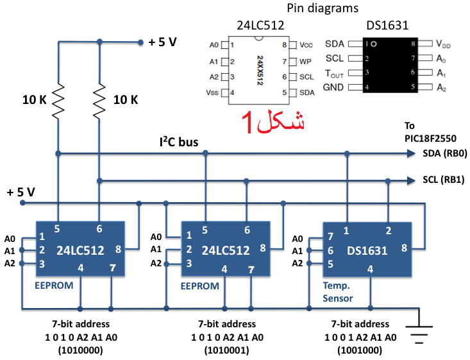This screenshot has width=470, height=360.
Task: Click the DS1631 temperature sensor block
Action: click(367, 250)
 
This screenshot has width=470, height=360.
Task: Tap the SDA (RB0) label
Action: click(445, 153)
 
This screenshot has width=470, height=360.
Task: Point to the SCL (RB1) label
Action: click(444, 180)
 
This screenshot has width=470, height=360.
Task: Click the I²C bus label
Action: click(179, 142)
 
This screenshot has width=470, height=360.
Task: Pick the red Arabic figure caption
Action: click(273, 122)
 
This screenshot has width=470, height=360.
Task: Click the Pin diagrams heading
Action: click(323, 8)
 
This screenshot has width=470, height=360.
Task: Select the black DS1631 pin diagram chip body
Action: click(390, 65)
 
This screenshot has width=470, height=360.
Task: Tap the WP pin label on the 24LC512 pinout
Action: click(305, 62)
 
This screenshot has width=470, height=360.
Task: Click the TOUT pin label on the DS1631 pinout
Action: click(334, 73)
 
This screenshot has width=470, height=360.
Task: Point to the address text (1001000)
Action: click(360, 350)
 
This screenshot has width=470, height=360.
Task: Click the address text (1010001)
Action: click(226, 350)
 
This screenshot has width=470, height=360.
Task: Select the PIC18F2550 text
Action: click(430, 139)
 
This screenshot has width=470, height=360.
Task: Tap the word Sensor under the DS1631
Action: click(337, 298)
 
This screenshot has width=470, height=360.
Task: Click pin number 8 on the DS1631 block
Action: click(404, 248)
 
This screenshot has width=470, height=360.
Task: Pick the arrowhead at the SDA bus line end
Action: click(411, 153)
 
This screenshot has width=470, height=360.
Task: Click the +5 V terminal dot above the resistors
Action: click(140, 42)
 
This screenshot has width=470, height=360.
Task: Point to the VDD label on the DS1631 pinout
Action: click(443, 44)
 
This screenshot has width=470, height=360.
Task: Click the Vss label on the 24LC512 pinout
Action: click(212, 92)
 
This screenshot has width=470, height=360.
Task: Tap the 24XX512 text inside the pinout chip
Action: click(260, 70)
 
